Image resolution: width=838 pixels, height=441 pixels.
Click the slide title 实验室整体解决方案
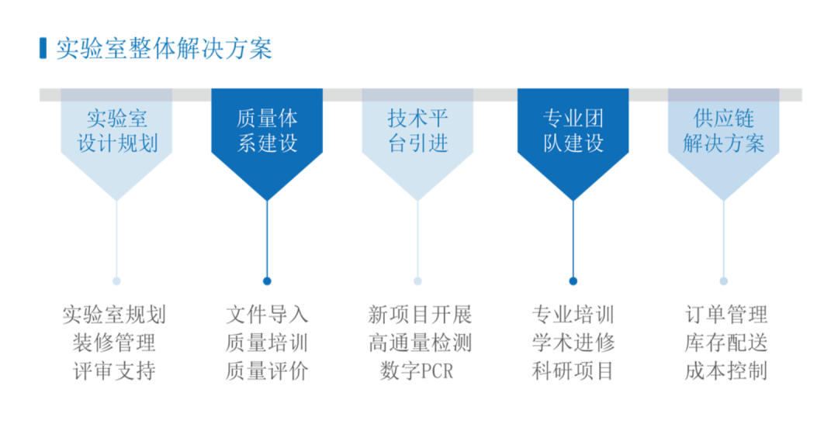(x=164, y=49)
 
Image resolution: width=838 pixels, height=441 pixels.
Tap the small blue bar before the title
(x=43, y=48)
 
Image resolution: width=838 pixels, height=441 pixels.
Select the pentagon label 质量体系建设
(x=267, y=131)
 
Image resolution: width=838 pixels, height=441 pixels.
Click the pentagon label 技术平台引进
(x=417, y=131)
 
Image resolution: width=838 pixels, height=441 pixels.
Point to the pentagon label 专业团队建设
(x=573, y=131)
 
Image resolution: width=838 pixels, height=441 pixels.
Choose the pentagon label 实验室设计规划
(x=116, y=131)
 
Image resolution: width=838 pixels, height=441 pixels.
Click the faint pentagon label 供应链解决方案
(x=723, y=131)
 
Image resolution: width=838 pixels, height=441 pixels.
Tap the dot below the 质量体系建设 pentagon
(x=267, y=281)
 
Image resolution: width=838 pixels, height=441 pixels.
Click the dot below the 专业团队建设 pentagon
(x=573, y=281)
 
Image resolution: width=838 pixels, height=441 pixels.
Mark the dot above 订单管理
(x=723, y=281)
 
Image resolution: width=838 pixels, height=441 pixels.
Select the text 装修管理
(x=114, y=343)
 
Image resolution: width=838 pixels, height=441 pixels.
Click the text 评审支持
(x=114, y=371)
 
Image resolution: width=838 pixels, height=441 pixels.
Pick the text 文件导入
(x=267, y=314)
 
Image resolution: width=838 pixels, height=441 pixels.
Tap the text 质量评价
(x=267, y=371)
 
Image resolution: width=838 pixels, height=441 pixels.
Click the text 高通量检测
(x=420, y=343)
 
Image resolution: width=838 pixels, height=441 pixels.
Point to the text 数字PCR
(x=417, y=371)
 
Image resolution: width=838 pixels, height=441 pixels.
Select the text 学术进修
(x=573, y=343)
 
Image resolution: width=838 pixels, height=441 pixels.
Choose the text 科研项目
(x=573, y=371)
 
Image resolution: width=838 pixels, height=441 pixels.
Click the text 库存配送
(x=725, y=343)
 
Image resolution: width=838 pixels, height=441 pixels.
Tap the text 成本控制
(x=725, y=371)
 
